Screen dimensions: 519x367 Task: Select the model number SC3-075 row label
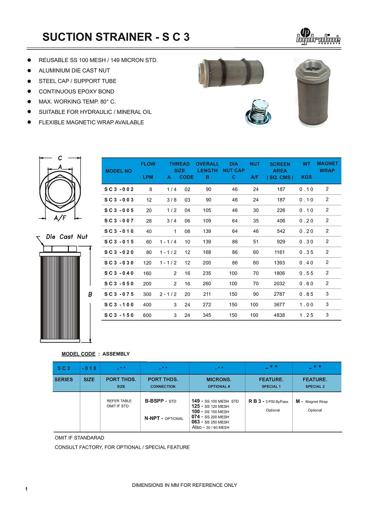[x=119, y=294]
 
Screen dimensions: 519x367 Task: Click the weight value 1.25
[x=306, y=316]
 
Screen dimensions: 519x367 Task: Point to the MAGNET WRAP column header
[x=328, y=167]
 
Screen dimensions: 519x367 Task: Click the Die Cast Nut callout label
[x=67, y=237]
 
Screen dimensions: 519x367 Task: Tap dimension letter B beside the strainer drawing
[x=90, y=295]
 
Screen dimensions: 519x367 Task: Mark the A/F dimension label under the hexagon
[x=60, y=217]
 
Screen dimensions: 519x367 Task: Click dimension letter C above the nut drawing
[x=60, y=158]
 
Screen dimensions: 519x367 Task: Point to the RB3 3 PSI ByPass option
[x=268, y=401]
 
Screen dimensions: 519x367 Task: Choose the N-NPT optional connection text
[x=164, y=418]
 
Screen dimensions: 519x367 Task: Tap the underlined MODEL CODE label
[x=78, y=354]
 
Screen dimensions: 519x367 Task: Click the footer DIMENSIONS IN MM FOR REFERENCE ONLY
[x=184, y=485]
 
